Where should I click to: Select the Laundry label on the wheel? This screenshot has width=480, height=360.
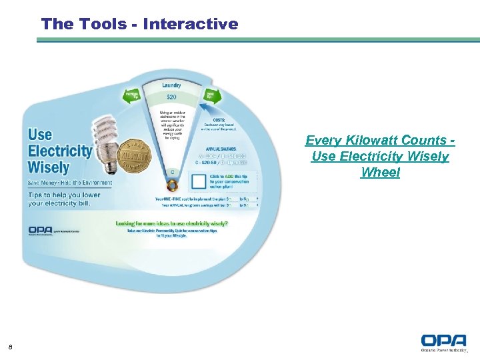pyautogui.click(x=171, y=85)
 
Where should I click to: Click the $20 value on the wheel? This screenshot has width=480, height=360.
pyautogui.click(x=171, y=97)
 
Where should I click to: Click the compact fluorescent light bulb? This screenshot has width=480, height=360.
pyautogui.click(x=106, y=136)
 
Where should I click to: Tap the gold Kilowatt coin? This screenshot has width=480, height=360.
pyautogui.click(x=135, y=157)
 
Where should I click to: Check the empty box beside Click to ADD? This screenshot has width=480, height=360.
pyautogui.click(x=198, y=182)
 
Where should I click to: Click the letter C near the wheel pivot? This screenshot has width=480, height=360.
pyautogui.click(x=172, y=172)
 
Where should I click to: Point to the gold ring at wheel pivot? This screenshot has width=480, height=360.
pyautogui.click(x=172, y=185)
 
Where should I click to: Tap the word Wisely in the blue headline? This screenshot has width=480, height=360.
pyautogui.click(x=49, y=167)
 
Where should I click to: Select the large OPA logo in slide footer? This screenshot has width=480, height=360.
pyautogui.click(x=443, y=341)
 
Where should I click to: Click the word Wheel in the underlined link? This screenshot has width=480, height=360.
pyautogui.click(x=380, y=173)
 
